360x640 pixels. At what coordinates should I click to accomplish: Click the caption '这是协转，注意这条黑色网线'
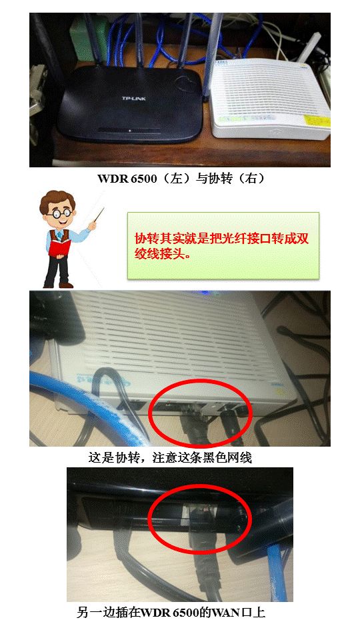pos(170,458)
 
